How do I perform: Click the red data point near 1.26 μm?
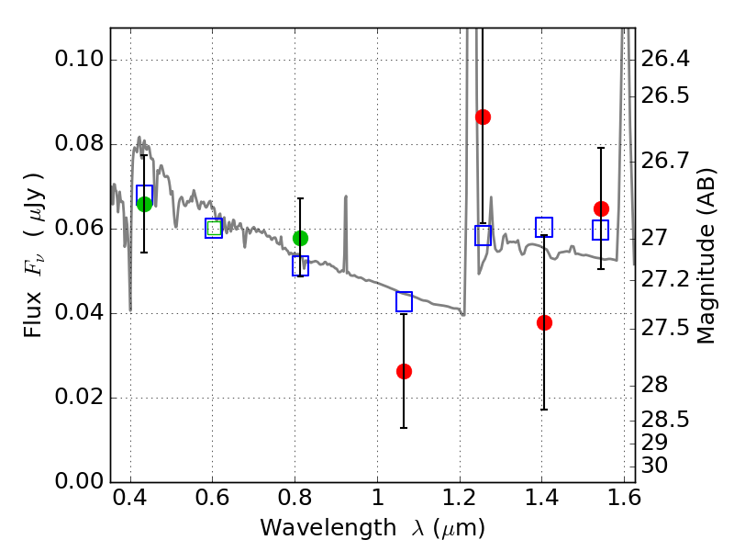tap(483, 117)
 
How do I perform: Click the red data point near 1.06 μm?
tap(404, 371)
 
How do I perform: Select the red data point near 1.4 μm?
tap(544, 322)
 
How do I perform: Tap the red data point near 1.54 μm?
tap(601, 208)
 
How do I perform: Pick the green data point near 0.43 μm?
tap(144, 204)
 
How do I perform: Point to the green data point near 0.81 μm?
tap(300, 238)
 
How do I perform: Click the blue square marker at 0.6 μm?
tap(214, 229)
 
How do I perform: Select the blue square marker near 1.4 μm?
tap(544, 227)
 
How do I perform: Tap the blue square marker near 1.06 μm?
tap(404, 301)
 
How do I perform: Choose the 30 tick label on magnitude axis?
tap(655, 466)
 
